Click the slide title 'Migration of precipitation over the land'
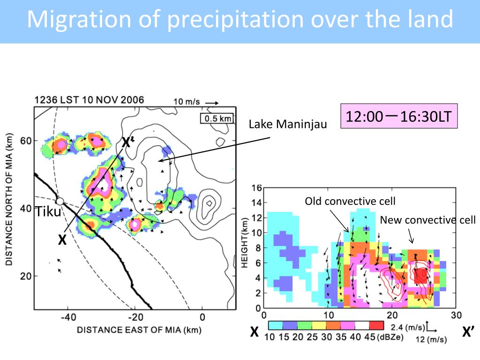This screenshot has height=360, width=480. point(240,20)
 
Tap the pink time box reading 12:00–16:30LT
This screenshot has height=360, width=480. point(398,116)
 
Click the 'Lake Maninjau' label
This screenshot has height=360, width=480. point(288,124)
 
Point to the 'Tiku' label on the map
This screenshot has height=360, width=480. point(49,212)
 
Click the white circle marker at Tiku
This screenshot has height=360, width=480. point(60,201)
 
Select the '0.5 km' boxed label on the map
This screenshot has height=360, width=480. point(216,119)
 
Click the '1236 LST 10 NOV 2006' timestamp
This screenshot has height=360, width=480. point(89,100)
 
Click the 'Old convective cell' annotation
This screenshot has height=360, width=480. point(350,202)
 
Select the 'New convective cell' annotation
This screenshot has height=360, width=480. point(427,220)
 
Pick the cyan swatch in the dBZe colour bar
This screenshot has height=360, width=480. point(275,325)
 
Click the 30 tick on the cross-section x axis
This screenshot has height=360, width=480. point(456,315)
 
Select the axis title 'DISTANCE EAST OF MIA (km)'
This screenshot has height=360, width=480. point(139,330)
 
